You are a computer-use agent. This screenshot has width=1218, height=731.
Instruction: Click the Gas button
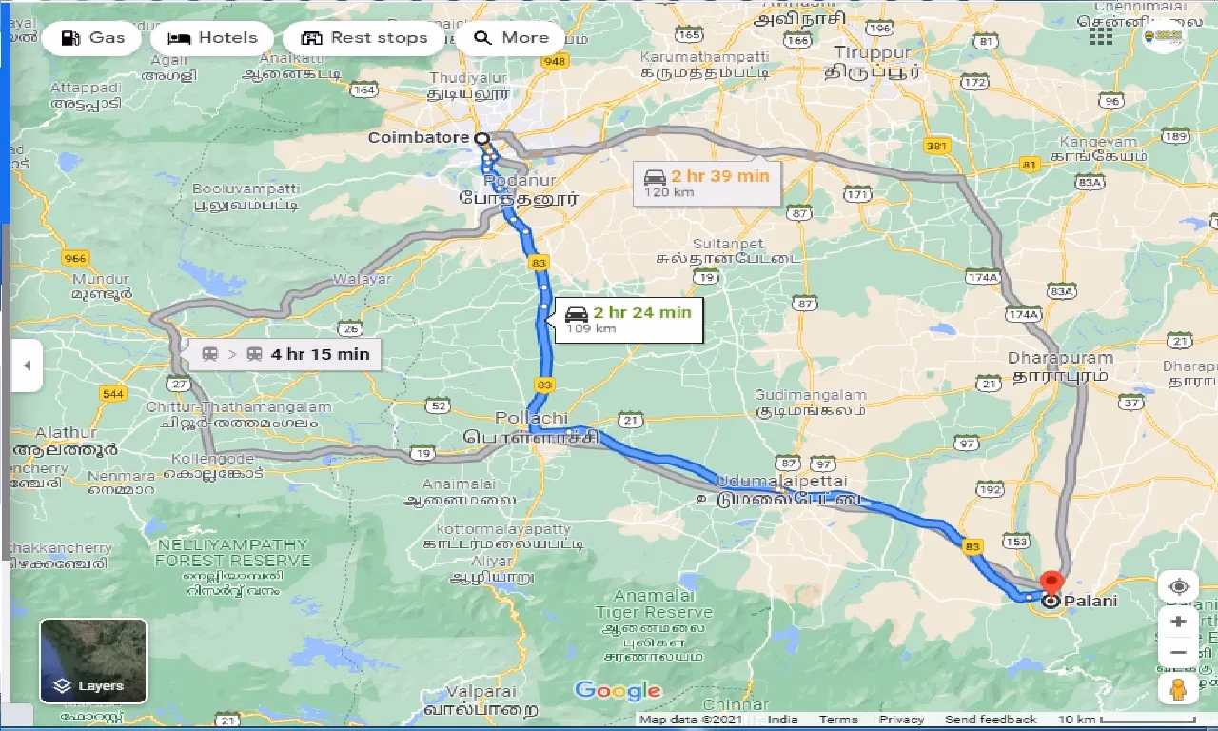coord(91,38)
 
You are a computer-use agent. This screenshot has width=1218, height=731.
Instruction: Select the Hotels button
coord(212,38)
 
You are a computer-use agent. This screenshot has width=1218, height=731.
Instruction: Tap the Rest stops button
coord(363,38)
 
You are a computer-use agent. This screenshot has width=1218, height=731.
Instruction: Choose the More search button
coord(511,38)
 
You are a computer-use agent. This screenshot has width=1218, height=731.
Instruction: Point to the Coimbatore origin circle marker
coord(482,138)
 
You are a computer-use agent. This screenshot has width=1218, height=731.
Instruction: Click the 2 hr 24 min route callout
coord(627,318)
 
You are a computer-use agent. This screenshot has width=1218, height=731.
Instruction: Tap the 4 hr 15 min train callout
coord(285,355)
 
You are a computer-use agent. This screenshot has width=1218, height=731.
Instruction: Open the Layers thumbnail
coord(93,661)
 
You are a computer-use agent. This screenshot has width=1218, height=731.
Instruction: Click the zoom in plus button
coord(1178,622)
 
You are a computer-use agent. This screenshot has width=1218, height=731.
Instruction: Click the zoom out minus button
coord(1178,653)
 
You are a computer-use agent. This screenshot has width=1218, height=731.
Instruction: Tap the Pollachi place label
coord(531,419)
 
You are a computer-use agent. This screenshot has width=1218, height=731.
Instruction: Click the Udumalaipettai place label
coord(782,482)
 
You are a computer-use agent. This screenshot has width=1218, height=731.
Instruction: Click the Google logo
coord(618,690)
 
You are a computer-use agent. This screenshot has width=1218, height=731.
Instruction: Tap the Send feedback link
coord(991,720)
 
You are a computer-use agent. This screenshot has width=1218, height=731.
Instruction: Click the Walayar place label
coord(362,280)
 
